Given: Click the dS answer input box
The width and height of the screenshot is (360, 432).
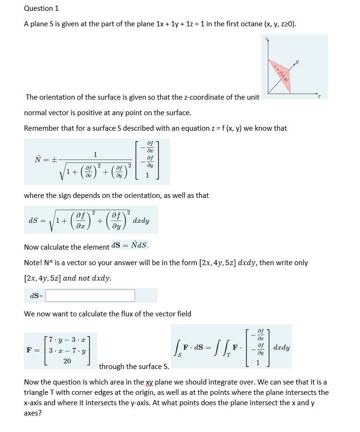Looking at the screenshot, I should point(90,296).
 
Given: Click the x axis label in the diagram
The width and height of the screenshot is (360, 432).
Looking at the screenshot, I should point(320,96).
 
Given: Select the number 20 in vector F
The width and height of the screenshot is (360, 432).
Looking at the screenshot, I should point(67,361).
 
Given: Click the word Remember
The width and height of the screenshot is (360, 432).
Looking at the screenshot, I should point(41,128).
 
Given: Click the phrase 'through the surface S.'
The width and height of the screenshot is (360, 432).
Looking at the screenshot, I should point(134,366).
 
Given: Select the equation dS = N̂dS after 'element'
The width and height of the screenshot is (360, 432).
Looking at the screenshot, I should point(130,245).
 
